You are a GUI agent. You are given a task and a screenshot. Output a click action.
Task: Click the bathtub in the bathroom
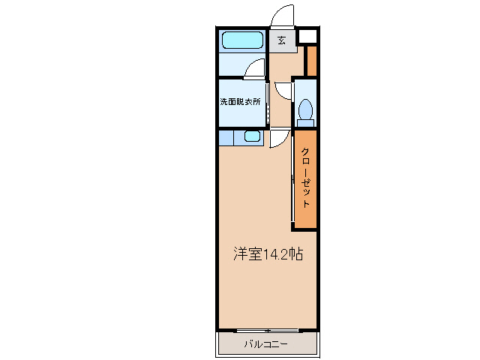[x=241, y=40]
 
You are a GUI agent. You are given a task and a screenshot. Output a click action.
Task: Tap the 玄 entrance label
[x=282, y=40]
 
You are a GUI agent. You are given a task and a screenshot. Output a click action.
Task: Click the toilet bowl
[x=305, y=111]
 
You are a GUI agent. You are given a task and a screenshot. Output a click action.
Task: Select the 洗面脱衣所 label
[x=240, y=102]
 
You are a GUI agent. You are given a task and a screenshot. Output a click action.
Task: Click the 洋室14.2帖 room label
[x=267, y=254]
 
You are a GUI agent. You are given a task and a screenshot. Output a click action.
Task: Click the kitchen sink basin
[x=251, y=136]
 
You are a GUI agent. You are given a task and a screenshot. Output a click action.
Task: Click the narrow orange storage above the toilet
[x=312, y=61]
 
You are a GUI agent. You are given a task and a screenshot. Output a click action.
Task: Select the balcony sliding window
[x=266, y=329]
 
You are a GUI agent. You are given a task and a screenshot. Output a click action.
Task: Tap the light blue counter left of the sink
[x=226, y=137]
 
